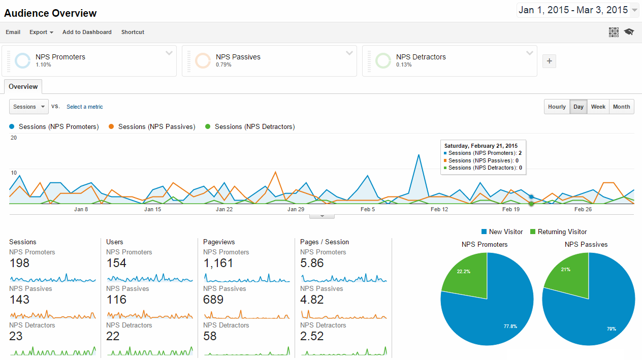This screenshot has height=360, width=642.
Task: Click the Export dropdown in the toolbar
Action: point(41,32)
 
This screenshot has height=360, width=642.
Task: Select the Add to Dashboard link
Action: point(87,32)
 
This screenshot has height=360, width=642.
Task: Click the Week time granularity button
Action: point(598,107)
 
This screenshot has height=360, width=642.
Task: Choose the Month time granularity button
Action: point(621,107)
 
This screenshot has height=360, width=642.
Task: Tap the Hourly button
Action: point(557,107)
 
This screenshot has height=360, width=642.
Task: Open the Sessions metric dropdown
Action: point(29,107)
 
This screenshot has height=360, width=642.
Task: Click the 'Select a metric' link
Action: point(84,107)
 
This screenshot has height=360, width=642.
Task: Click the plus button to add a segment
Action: point(549,61)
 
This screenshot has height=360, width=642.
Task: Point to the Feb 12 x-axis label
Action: point(439,209)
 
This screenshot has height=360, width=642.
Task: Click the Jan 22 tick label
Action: point(224,209)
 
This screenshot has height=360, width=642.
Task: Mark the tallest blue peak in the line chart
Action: point(419,155)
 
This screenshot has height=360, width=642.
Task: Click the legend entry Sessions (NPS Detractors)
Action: point(254,126)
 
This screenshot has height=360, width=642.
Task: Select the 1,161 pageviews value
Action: point(218,263)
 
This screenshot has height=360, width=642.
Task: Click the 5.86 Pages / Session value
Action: point(312,263)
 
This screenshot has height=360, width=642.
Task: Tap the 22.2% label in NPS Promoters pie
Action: point(463,272)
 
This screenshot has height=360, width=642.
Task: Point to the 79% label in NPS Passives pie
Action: point(611,329)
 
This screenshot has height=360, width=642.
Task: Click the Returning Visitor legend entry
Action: point(562,232)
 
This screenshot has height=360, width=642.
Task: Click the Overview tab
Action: point(23,86)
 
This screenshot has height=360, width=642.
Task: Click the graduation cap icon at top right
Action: point(629,32)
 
